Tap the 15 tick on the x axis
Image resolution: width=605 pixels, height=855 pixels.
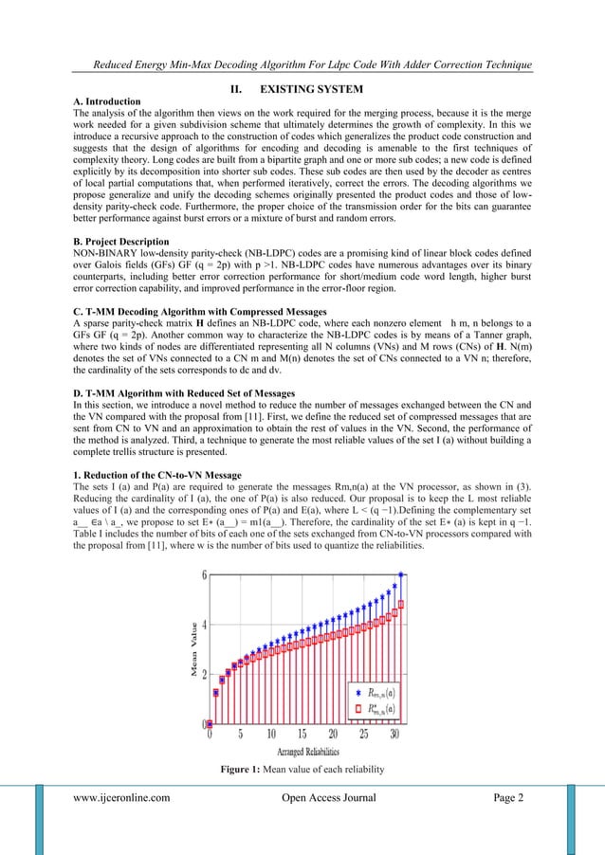coord(302,734)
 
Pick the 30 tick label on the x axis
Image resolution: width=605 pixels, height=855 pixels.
coord(394,734)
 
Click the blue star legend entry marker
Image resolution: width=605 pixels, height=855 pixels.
coord(346,690)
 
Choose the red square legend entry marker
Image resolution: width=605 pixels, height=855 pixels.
coord(346,707)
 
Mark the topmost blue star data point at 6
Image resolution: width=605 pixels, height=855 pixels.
coord(401,574)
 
